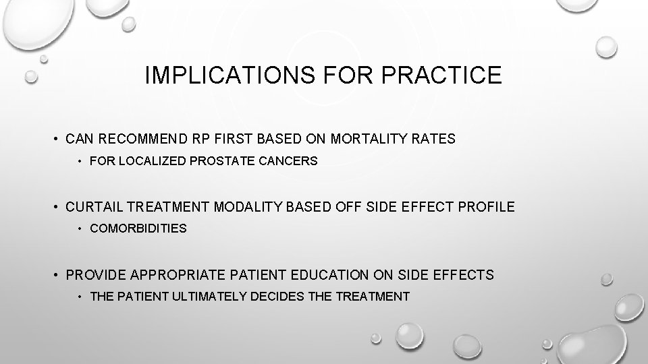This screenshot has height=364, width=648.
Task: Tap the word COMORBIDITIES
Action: (x=138, y=229)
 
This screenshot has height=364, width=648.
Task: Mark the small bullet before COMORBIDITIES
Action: (x=80, y=229)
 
